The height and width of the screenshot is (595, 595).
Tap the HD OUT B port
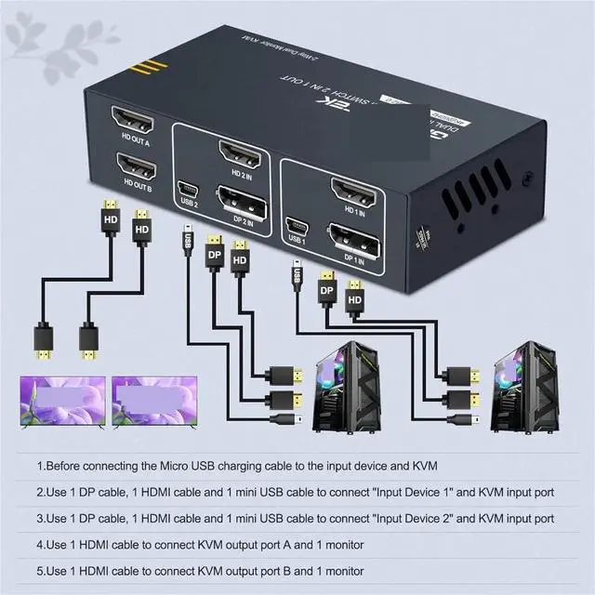tap(136, 167)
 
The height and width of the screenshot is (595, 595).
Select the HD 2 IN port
tap(238, 152)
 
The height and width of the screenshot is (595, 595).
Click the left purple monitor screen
tap(61, 401)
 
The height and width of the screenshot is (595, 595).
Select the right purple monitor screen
tap(152, 401)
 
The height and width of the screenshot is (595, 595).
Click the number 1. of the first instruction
tap(41, 465)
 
